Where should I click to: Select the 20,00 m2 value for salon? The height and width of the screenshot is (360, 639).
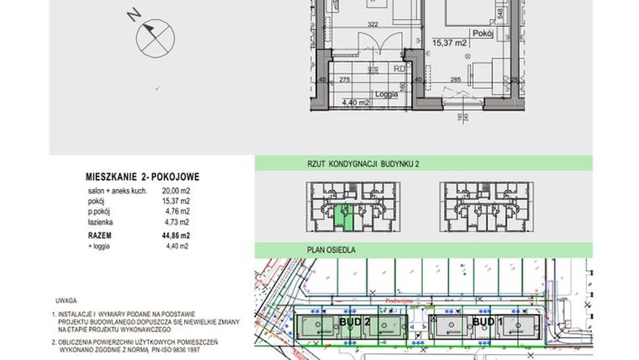pos(176,192)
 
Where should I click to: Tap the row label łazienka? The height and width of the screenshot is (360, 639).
pos(102,222)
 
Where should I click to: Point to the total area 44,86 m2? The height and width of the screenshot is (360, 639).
pos(175,236)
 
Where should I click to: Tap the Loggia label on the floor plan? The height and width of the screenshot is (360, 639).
pos(386,94)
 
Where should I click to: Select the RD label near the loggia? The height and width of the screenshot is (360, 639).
pos(400,71)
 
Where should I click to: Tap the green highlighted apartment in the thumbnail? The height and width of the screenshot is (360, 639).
pos(341,220)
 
